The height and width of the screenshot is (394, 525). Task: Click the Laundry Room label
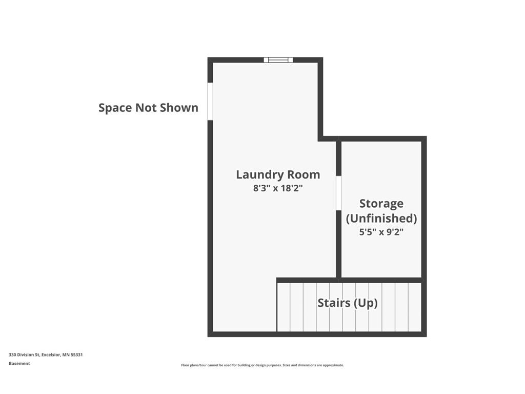(x=278, y=175)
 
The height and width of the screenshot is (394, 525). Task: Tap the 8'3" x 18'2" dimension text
(x=278, y=188)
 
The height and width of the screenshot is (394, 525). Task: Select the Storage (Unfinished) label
(x=381, y=211)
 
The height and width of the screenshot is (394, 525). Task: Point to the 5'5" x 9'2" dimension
(x=381, y=232)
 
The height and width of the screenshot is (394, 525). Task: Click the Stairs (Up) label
(x=348, y=303)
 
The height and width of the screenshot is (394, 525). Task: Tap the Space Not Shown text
(x=148, y=108)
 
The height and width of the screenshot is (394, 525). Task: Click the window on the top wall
(x=278, y=60)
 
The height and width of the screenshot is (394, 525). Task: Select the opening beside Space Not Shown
(x=210, y=101)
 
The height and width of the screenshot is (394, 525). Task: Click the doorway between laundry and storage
(x=338, y=193)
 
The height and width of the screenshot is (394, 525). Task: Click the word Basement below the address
(x=19, y=364)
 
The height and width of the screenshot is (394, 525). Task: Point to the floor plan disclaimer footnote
(x=262, y=365)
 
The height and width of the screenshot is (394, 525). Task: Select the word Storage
(x=381, y=204)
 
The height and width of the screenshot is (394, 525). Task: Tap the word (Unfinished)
(x=381, y=219)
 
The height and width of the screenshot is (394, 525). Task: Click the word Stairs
(x=334, y=303)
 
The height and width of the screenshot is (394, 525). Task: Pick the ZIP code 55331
(x=77, y=354)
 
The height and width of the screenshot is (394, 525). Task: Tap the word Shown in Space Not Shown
(x=179, y=108)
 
